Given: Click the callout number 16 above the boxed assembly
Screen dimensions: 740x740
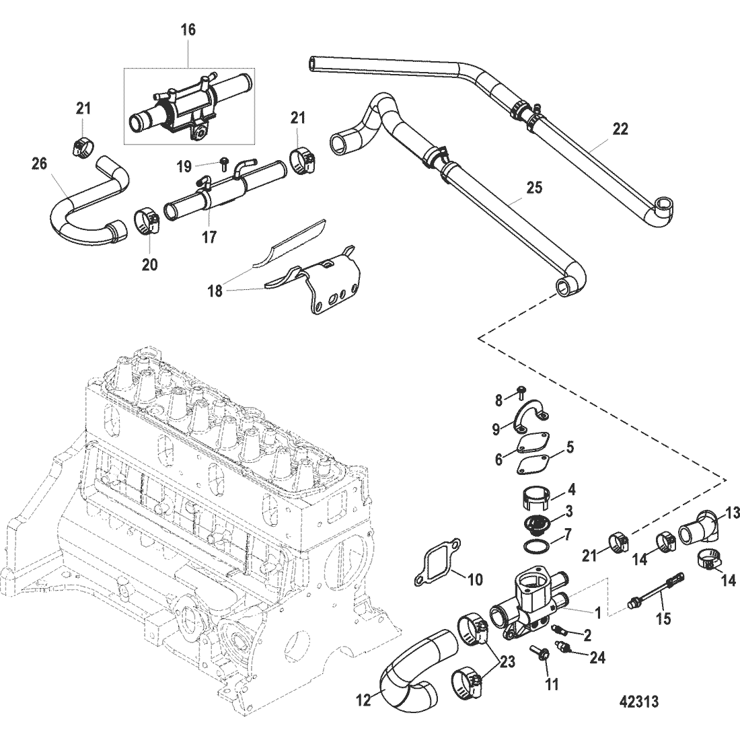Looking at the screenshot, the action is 188,30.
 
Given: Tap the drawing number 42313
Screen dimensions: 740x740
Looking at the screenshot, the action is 638,702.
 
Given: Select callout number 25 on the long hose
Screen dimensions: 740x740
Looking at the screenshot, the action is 533,188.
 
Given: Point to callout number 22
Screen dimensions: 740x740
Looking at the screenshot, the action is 620,129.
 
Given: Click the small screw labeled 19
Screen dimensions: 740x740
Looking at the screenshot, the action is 224,165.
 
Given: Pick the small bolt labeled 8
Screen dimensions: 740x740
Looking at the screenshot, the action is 521,391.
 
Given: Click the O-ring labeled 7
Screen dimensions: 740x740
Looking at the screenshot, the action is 537,546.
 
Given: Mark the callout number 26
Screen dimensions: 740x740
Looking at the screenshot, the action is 40,163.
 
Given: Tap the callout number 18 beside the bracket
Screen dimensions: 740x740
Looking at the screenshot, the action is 215,291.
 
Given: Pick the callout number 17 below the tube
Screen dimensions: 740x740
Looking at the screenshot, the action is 209,236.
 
